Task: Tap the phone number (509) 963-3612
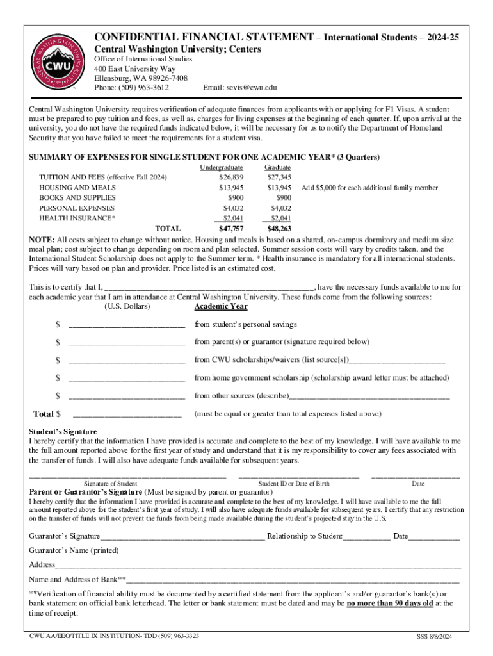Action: [x=146, y=88]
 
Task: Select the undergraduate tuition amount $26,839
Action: [x=231, y=177]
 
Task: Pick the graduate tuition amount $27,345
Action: [x=279, y=177]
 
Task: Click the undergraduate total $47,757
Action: [x=231, y=229]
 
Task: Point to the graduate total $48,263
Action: [x=279, y=229]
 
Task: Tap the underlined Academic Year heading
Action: [x=221, y=306]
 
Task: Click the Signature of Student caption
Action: [x=110, y=484]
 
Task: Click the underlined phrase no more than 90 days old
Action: [x=390, y=603]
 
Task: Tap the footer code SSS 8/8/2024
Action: [x=435, y=637]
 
